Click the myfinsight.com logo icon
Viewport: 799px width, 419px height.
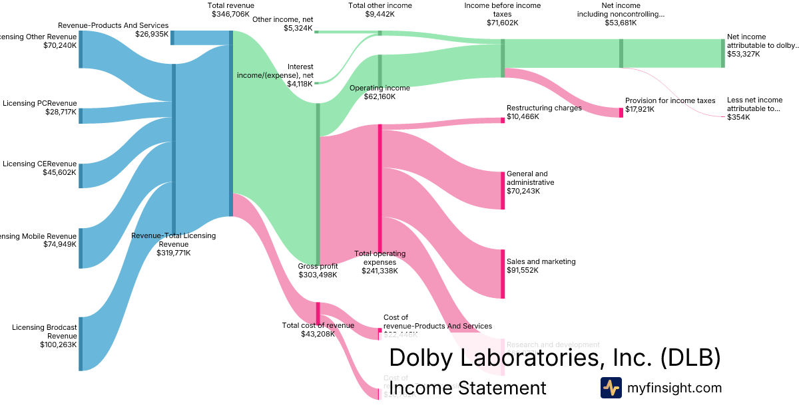click(611, 388)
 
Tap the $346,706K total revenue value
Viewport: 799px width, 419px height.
click(230, 13)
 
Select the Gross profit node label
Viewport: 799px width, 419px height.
click(318, 266)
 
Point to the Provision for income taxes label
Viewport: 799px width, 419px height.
click(670, 100)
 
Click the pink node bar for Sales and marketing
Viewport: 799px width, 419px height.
click(503, 273)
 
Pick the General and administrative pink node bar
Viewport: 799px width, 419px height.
click(503, 190)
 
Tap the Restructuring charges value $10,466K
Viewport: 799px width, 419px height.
click(523, 116)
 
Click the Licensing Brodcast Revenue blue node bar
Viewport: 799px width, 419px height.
click(81, 343)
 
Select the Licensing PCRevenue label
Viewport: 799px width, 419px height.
click(40, 103)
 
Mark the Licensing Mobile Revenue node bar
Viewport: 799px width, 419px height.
click(81, 248)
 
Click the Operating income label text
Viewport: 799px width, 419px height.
click(380, 88)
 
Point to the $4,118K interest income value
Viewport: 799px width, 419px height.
click(300, 84)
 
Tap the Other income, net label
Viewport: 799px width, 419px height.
click(282, 19)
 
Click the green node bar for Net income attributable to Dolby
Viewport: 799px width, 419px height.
click(722, 53)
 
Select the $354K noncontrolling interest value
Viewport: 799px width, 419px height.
click(738, 117)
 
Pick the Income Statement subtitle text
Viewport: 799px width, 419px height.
click(467, 388)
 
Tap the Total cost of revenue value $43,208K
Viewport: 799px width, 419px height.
click(318, 333)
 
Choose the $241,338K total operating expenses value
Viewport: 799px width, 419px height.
click(380, 271)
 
